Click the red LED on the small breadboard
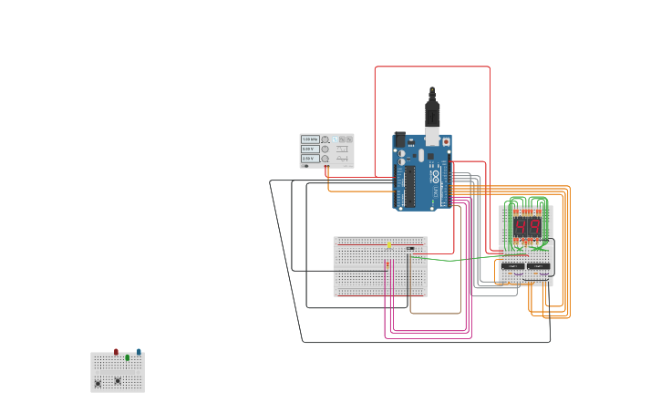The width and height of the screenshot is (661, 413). tap(116, 352)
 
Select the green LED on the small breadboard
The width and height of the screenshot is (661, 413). tap(128, 357)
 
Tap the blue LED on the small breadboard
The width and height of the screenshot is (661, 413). tap(139, 351)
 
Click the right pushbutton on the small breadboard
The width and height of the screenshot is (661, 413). tap(118, 380)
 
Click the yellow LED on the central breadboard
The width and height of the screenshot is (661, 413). tap(389, 244)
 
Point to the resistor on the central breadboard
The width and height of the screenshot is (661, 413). tap(387, 264)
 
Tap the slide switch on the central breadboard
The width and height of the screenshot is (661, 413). tap(410, 248)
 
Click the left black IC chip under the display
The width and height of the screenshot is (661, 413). tap(512, 266)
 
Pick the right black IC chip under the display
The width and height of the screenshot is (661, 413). tap(538, 266)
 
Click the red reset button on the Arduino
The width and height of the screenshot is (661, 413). tap(445, 142)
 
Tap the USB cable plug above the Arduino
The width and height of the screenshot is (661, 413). tap(432, 114)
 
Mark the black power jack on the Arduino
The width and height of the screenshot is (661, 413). tap(400, 139)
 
